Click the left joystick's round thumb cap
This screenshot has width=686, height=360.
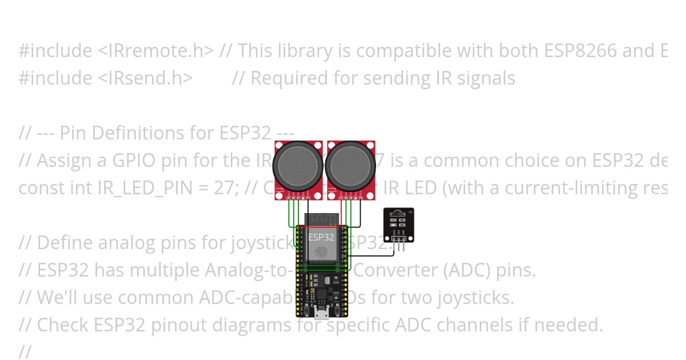click(298, 166)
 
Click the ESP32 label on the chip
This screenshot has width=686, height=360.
click(321, 237)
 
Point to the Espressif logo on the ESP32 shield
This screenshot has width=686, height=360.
click(321, 252)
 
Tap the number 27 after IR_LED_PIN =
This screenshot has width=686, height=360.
click(142, 188)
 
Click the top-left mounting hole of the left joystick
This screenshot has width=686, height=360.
click(278, 145)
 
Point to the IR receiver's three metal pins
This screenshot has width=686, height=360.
click(398, 238)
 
